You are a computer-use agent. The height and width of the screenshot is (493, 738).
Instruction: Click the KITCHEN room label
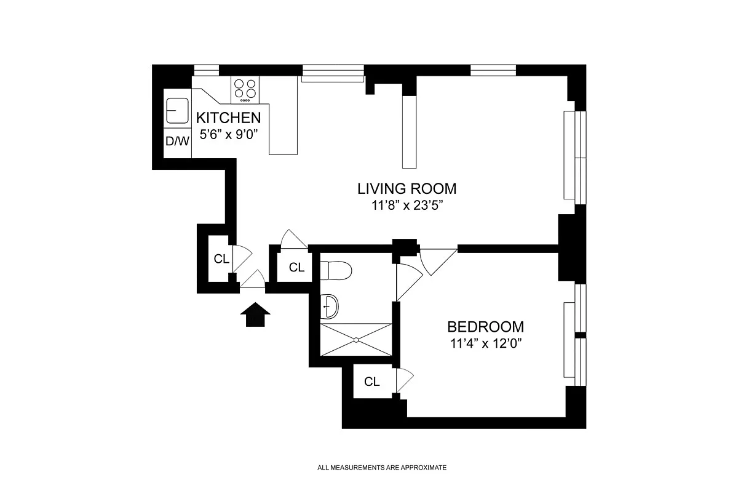coord(228,118)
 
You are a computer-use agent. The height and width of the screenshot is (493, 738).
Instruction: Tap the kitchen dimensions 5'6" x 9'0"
coord(228,134)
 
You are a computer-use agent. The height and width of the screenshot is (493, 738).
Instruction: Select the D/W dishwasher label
coord(177,142)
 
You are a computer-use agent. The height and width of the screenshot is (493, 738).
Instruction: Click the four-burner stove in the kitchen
coord(245,89)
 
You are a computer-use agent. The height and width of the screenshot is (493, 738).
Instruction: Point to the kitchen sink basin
coord(178,110)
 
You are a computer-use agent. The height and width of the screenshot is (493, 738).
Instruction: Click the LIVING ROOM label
coord(407,188)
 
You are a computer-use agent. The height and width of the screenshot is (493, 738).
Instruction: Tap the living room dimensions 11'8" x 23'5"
coord(407,206)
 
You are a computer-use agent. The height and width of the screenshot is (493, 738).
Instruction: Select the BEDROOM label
coord(486,327)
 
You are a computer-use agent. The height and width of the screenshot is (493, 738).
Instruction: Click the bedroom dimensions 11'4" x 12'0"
coord(486,343)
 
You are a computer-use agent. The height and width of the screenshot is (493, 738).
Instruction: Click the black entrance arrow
coord(255,315)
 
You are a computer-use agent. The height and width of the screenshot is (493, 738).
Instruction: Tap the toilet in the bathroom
coord(336,270)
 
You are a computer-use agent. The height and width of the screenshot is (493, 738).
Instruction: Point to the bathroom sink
coord(329,307)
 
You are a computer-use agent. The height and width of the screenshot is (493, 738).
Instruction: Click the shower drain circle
coord(356,340)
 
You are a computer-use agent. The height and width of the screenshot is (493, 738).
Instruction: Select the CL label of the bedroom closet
coord(372,382)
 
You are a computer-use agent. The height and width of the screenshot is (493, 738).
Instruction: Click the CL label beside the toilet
coord(296,268)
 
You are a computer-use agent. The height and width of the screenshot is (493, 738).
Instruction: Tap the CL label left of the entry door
coord(221,259)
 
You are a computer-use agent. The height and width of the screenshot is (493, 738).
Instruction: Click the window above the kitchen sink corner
coord(206,70)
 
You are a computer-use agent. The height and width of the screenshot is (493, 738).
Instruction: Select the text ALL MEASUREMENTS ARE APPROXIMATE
coord(382,468)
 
